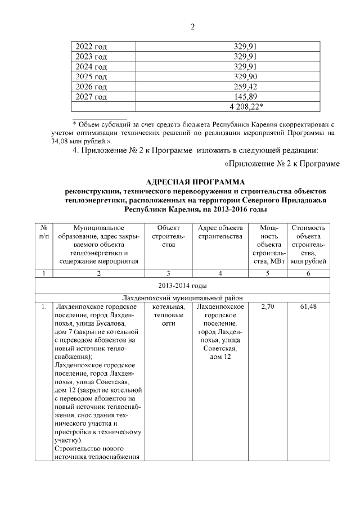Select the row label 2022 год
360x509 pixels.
coord(92,46)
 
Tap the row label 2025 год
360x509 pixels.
coord(92,76)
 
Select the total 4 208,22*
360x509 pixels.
coord(246,107)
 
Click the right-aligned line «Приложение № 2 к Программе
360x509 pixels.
coord(282,164)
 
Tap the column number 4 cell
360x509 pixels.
coord(220,273)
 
